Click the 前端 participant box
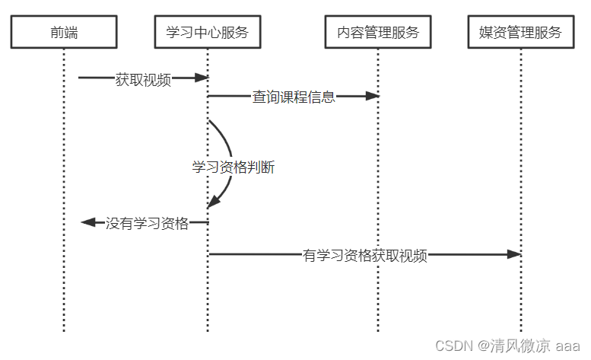64,33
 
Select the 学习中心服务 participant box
207,33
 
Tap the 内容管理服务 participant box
378,33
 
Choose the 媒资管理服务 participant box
521,33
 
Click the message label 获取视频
143,78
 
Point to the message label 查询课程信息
294,97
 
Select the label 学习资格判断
233,167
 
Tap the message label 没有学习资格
147,223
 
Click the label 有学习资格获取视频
365,256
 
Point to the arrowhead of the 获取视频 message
202,78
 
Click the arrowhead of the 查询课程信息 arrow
372,96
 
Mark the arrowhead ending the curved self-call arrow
212,202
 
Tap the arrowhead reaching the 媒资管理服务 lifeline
514,254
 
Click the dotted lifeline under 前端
64,289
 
